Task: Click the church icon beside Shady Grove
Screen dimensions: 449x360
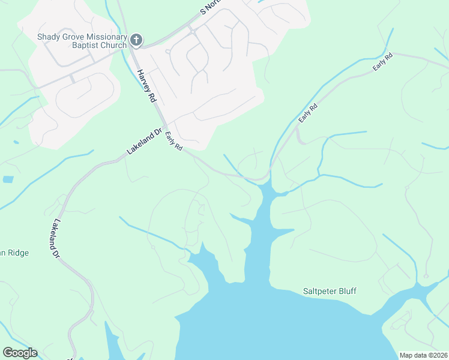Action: coord(136,40)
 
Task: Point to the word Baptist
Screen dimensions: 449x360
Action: coord(53,45)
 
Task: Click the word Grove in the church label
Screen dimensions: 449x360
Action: coord(76,36)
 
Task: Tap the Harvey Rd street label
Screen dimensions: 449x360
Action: coord(146,85)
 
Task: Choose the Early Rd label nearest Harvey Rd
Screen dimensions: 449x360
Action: coord(173,140)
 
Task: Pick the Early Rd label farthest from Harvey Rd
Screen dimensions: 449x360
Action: coord(382,62)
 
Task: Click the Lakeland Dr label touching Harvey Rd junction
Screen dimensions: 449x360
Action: coord(145,141)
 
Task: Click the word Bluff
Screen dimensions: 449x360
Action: coord(349,292)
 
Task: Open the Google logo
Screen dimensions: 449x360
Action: coord(20,353)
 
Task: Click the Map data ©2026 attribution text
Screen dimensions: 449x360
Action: coord(423,355)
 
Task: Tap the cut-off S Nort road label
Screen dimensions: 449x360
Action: coord(211,7)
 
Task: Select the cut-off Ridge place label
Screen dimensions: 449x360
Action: coord(14,253)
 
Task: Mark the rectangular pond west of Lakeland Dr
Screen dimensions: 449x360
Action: coord(7,179)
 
